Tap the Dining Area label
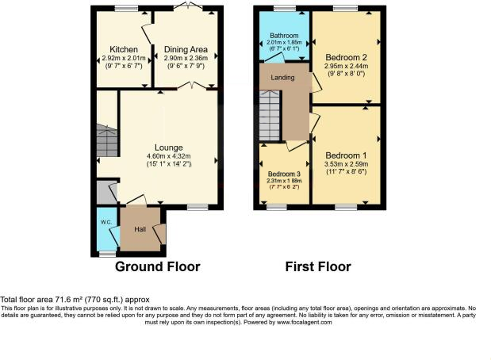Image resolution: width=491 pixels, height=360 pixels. pos(185,49)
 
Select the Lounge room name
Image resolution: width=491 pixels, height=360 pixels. pos(169,147)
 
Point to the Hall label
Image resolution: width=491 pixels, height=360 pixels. pos(140,229)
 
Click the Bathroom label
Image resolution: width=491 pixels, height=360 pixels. pos(283,36)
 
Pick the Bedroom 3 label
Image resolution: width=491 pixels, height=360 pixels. pos(284,174)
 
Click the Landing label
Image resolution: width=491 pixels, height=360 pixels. pos(283,78)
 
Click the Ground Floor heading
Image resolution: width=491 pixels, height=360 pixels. pos(158,266)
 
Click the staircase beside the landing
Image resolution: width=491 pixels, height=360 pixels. pos(270,117)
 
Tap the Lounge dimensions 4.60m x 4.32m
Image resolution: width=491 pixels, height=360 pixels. pos(169,156)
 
